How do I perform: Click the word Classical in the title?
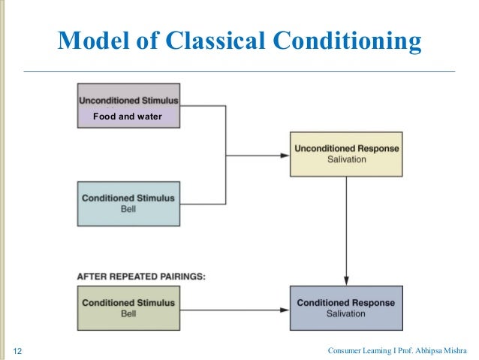coord(214,41)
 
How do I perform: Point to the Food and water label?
coord(127,116)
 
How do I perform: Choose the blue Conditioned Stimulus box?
coord(128,203)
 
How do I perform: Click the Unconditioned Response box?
coord(346,154)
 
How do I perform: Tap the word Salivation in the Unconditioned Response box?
coord(346,160)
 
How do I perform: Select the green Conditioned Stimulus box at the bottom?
coord(128,307)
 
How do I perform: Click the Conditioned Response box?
coord(346,307)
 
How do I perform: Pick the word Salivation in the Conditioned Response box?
coord(346,313)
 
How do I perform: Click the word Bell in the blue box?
coord(128,209)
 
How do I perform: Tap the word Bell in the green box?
coord(128,313)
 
